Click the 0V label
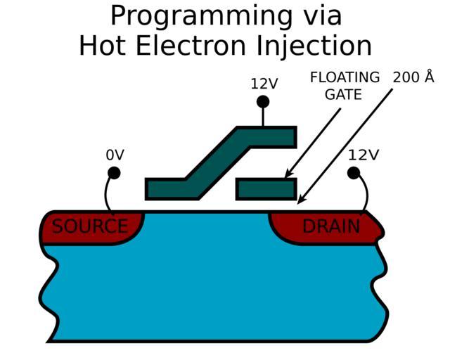(x=115, y=155)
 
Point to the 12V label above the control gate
(x=264, y=84)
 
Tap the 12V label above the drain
(x=363, y=155)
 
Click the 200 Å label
(x=413, y=77)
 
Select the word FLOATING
(x=345, y=77)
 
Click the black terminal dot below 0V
(x=114, y=172)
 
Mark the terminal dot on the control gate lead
(x=263, y=101)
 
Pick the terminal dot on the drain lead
(x=354, y=172)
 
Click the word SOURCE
(x=90, y=226)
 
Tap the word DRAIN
(x=330, y=226)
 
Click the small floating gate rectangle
(x=266, y=188)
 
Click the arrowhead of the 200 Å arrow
(x=300, y=202)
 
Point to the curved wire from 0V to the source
(x=106, y=193)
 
